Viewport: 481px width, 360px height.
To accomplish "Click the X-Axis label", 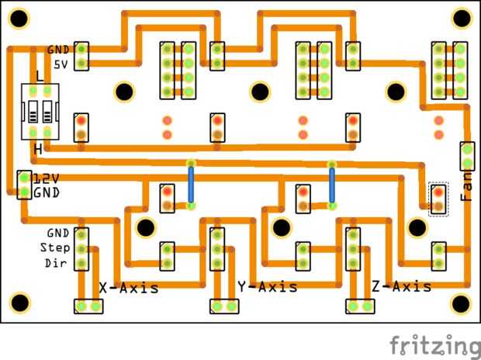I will (129, 287).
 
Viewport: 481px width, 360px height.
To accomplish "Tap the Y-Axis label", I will (268, 287).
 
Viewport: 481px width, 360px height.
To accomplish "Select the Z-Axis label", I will (401, 287).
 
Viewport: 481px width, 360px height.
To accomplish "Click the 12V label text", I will (46, 178).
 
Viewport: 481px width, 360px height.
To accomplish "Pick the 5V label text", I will (60, 64).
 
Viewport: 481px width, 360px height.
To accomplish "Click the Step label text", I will (55, 247).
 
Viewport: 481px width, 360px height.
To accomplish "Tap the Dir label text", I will (57, 263).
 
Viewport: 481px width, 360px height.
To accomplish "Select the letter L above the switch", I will (40, 76).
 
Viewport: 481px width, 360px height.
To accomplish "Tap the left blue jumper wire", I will (191, 184).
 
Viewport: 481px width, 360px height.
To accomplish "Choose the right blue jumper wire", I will (332, 184).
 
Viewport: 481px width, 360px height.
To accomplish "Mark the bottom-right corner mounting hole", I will (461, 302).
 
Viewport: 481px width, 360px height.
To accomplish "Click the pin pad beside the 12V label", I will (24, 178).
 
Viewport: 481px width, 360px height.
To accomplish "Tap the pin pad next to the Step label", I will (81, 247).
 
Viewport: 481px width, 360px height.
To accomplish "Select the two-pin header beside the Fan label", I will (467, 156).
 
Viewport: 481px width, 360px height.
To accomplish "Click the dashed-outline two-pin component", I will (439, 199).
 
